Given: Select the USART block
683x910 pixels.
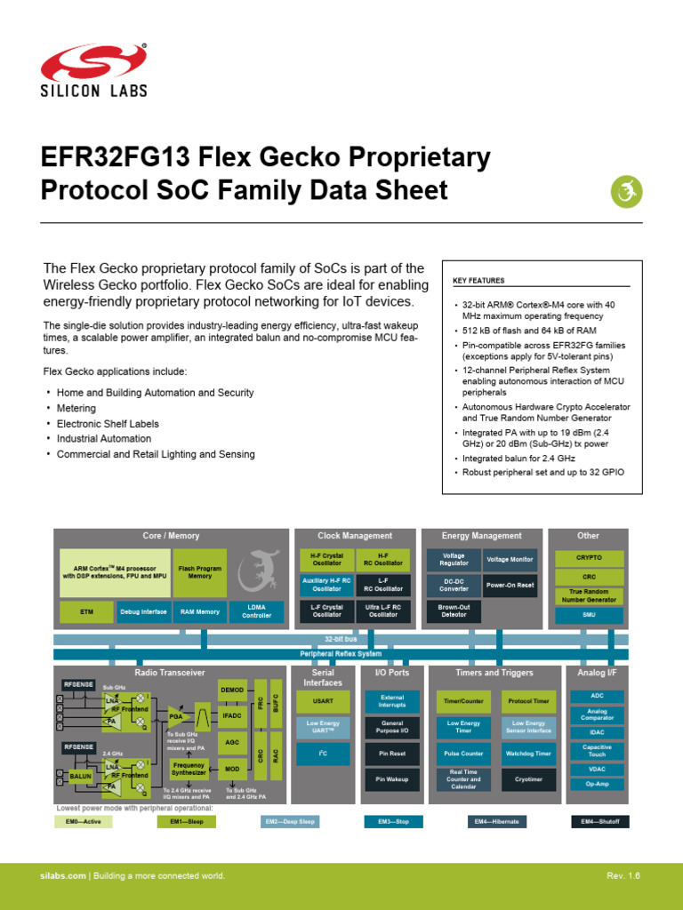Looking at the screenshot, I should click(x=323, y=701).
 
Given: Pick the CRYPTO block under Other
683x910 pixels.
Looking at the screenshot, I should click(x=589, y=558).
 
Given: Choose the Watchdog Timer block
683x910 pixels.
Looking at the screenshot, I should click(x=529, y=754).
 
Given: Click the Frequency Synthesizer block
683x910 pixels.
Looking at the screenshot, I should click(x=189, y=769).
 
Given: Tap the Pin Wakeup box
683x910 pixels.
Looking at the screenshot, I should click(x=392, y=779).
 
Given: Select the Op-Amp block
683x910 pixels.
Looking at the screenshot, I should click(x=597, y=785).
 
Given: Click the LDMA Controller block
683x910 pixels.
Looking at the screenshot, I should click(x=256, y=612).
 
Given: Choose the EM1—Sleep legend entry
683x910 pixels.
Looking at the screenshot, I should click(x=187, y=822).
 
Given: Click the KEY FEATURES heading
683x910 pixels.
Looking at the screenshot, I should click(x=478, y=281).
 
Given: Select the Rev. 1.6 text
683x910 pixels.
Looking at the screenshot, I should click(x=623, y=876).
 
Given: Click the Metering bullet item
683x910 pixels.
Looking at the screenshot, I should click(x=76, y=408).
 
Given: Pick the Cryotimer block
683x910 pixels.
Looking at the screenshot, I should click(x=529, y=779).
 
